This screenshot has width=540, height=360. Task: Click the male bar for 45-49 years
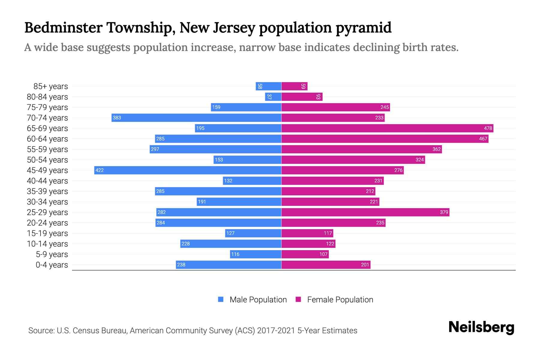[x=187, y=170]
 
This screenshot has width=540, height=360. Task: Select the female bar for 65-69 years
[x=387, y=128]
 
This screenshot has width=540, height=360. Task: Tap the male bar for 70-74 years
[x=196, y=118]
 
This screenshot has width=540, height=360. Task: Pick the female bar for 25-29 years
[x=365, y=212]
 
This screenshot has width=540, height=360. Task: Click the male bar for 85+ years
[x=268, y=86]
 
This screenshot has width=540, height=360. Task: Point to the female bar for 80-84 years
[x=302, y=97]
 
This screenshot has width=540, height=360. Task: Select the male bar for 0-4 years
[x=229, y=265]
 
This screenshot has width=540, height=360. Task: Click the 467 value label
[x=483, y=139]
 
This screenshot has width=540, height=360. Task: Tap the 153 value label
[x=219, y=160]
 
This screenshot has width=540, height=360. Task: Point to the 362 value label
[x=436, y=149]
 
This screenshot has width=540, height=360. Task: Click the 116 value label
[x=235, y=254]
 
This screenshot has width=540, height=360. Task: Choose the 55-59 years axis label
[x=47, y=149]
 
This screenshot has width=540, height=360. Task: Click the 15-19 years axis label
[x=47, y=233]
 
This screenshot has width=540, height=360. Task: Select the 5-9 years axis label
[x=52, y=254]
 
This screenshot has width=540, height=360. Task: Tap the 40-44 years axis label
[x=47, y=181]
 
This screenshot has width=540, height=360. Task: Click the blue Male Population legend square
[x=221, y=299]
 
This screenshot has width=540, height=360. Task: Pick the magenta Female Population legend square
[x=298, y=299]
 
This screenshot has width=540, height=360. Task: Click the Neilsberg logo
[x=481, y=327]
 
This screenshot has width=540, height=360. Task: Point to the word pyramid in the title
[x=363, y=28]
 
